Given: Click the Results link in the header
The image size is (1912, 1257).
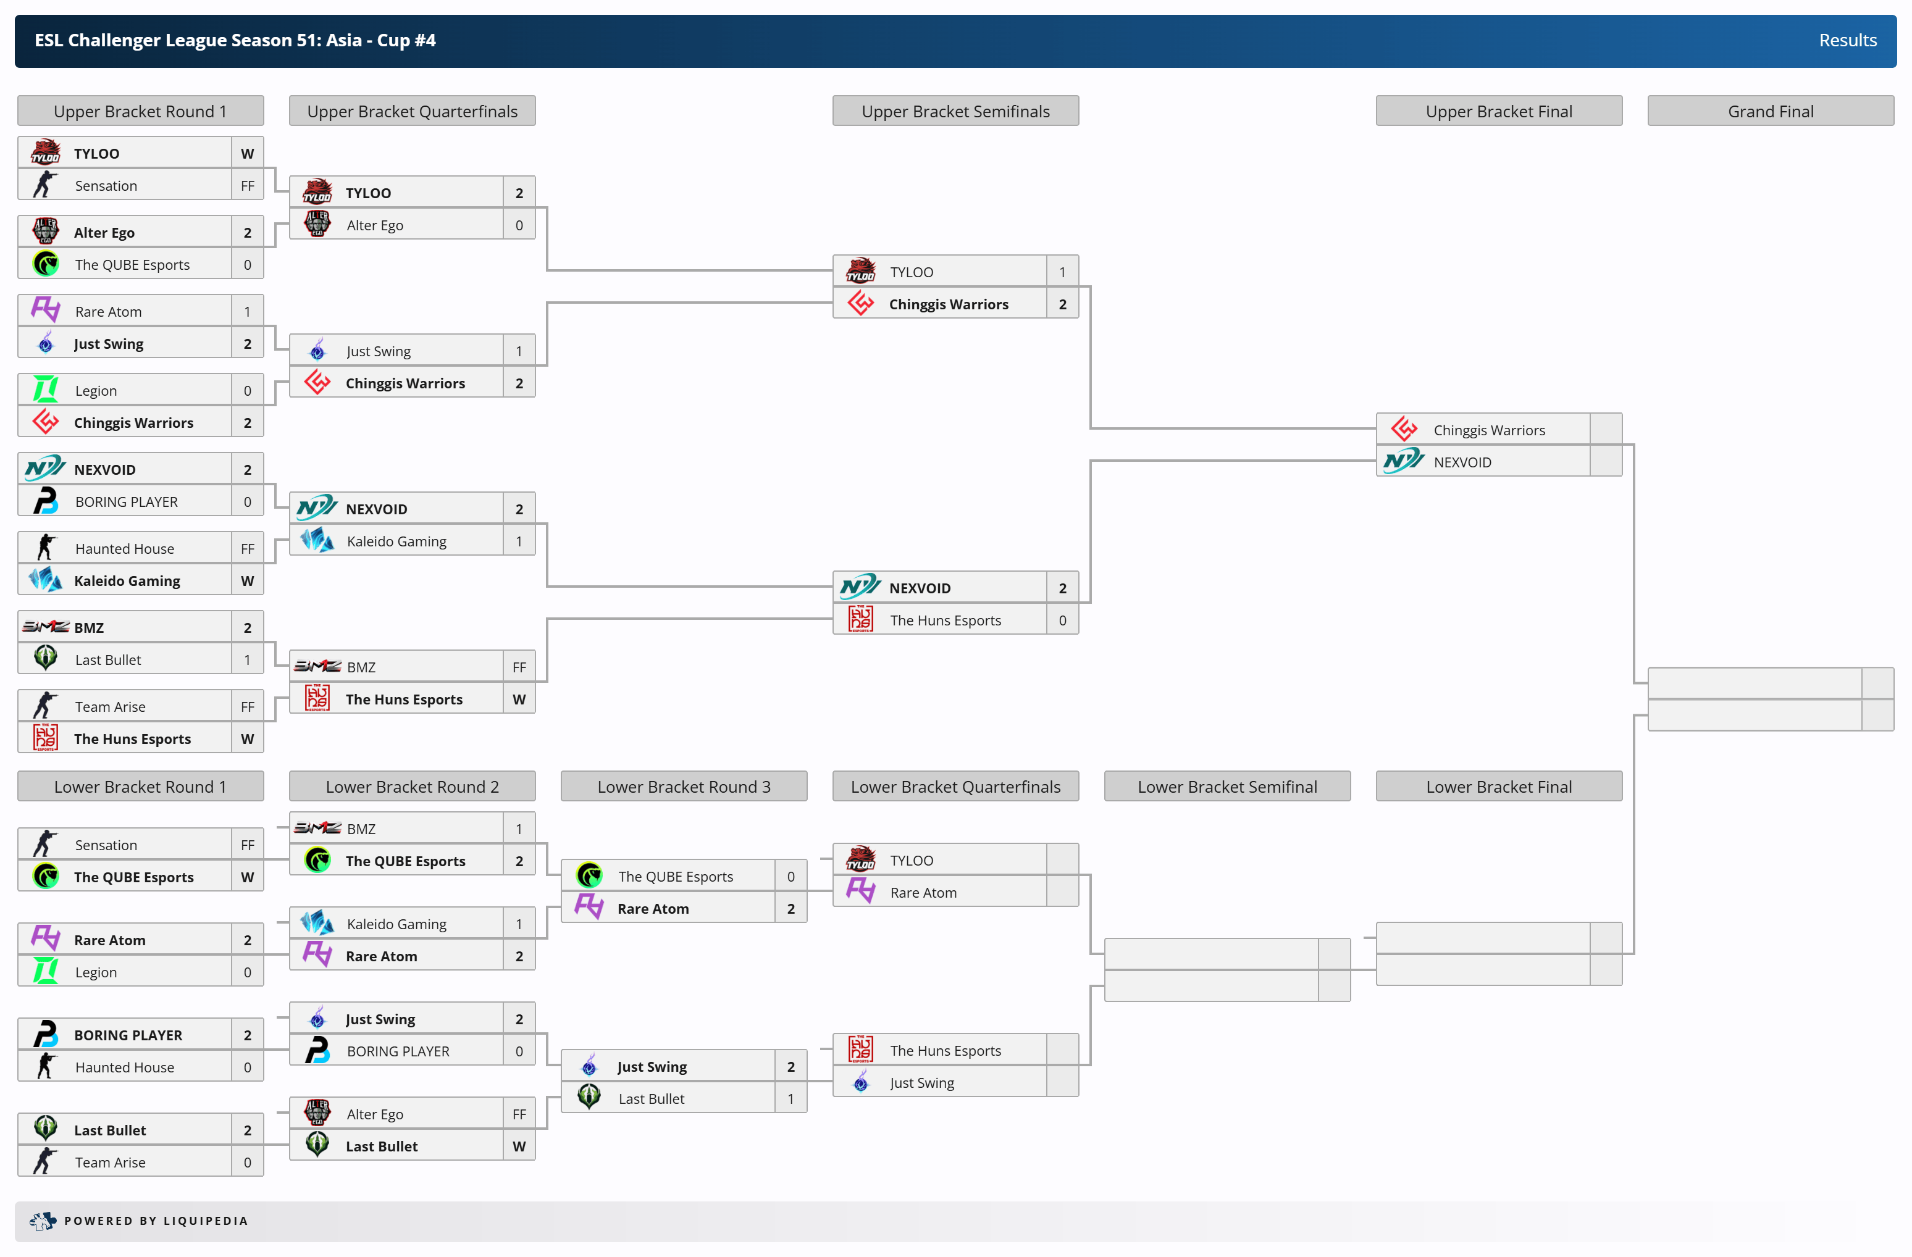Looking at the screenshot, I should point(1847,40).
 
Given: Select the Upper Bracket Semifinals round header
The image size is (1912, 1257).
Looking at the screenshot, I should point(955,112).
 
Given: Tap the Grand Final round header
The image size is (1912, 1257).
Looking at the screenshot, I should point(1770,112).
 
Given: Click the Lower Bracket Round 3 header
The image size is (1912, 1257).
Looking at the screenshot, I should point(684,787).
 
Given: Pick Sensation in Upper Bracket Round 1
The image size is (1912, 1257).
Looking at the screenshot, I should point(106,186).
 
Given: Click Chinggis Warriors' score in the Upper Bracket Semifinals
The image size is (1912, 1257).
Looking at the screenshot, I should point(1062,304).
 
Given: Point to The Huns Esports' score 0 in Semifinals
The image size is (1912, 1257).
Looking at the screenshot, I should point(1062,620).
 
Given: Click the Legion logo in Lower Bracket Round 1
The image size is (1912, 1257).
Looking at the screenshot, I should point(46,972).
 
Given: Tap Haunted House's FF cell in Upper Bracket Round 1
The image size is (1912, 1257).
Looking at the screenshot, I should point(248,549).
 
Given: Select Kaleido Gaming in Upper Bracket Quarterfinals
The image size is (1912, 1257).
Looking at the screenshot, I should point(396,541).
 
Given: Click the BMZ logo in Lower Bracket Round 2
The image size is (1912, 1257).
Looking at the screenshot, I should point(317,828).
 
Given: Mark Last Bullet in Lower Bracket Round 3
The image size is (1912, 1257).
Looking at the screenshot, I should point(651,1099).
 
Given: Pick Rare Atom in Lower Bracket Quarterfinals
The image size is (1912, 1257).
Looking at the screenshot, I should point(923,892).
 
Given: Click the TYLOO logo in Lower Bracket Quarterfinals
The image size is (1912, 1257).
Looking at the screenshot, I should point(860,859).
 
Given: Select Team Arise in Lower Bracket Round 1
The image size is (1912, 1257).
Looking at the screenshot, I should point(110,1162).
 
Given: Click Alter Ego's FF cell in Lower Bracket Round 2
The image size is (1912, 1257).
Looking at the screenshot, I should point(519,1114).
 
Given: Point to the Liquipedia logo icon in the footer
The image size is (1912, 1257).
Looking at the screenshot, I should point(43,1221).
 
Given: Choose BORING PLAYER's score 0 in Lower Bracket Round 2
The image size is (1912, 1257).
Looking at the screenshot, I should point(519,1051).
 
